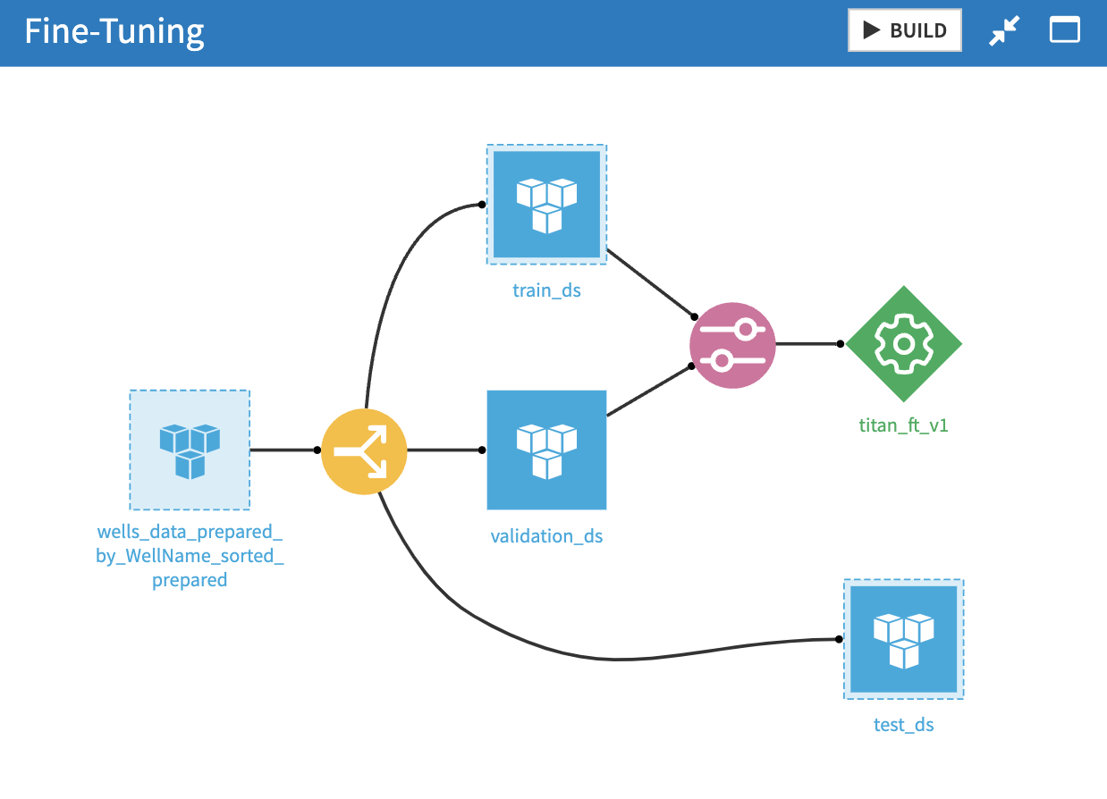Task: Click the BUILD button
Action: [x=904, y=30]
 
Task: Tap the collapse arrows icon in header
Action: [x=1005, y=31]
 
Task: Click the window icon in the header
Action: [x=1064, y=31]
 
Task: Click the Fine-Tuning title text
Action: [x=114, y=32]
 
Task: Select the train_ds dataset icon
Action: [x=546, y=205]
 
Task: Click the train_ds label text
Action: [x=546, y=290]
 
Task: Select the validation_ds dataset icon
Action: [x=546, y=450]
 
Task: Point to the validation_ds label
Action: [x=546, y=536]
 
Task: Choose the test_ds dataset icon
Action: [x=903, y=639]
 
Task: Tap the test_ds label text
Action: [x=903, y=725]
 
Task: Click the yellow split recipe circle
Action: [x=364, y=450]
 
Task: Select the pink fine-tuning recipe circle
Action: [x=732, y=346]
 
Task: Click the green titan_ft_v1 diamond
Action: [x=903, y=344]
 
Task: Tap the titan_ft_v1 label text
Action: [x=903, y=425]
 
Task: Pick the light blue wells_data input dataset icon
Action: [x=190, y=450]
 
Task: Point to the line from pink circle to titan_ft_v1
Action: [x=807, y=343]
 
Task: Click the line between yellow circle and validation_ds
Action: [x=444, y=450]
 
